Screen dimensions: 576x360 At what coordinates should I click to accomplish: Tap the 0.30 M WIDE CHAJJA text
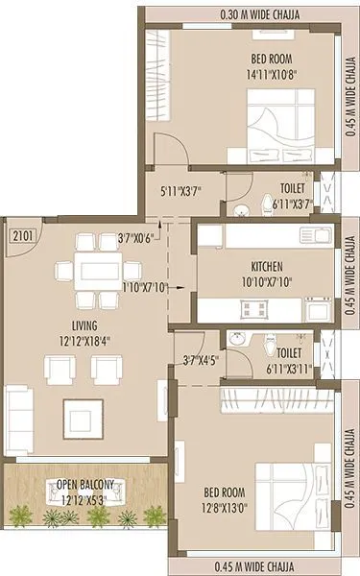pyautogui.click(x=238, y=15)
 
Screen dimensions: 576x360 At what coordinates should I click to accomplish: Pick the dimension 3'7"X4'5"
pyautogui.click(x=200, y=360)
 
